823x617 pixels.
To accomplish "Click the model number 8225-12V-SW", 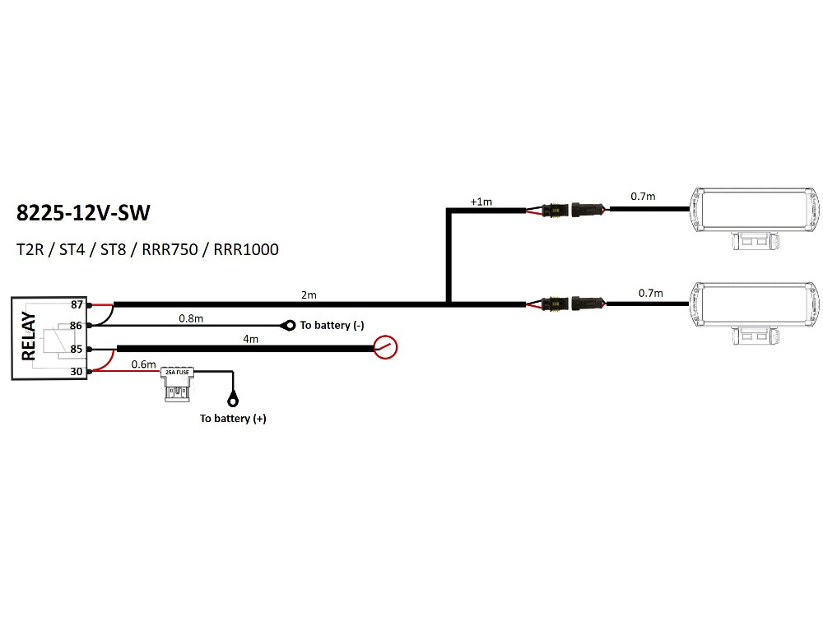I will pos(83,213).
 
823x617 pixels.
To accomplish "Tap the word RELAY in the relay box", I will pos(28,336).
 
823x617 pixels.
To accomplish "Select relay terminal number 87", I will pos(76,304).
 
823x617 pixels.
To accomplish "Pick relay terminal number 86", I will pos(76,327).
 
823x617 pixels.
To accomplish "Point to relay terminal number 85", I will pos(76,350).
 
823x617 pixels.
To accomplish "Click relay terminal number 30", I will pos(76,372).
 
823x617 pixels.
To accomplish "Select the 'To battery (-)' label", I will pos(332,326).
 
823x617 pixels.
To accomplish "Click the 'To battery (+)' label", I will pos(233,419).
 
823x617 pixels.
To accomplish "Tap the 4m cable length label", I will pos(250,339).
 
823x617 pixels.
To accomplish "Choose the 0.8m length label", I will pos(191,317).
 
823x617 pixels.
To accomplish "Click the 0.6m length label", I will pos(143,364).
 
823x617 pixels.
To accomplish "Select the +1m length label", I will pos(481,202).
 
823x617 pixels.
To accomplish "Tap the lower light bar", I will pos(756,306).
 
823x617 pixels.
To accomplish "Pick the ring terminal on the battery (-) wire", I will pos(290,326).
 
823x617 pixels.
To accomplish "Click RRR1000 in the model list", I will pos(245,248).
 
